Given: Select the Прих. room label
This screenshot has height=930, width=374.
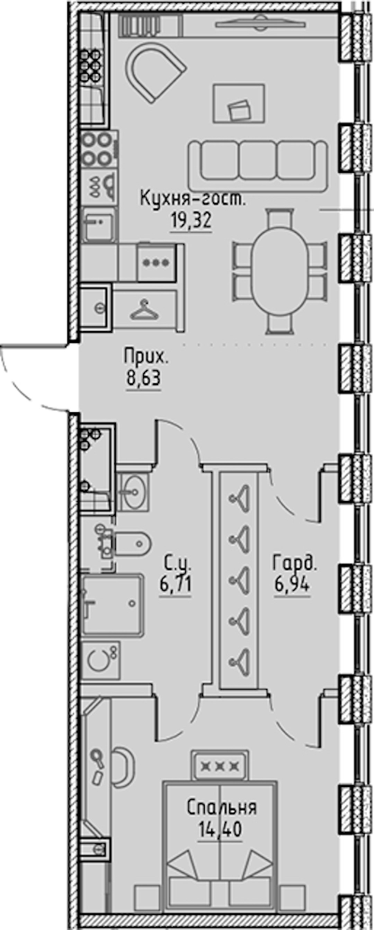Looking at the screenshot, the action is click(x=146, y=357).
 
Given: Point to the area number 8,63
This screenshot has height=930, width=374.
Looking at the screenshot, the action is click(x=143, y=379).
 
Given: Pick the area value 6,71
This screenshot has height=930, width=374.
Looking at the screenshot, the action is click(x=176, y=584).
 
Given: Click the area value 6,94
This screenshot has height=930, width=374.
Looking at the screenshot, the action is click(x=292, y=584).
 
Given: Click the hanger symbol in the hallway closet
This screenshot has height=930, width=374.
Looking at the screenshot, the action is click(x=144, y=311).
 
